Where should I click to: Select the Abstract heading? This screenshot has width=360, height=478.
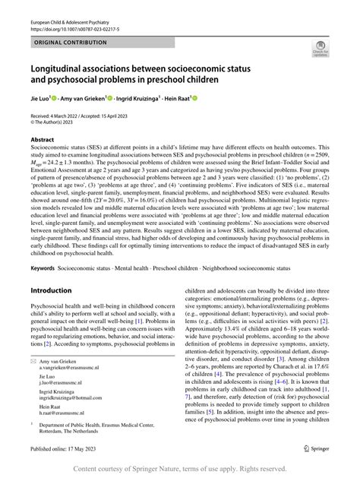coord(43,139)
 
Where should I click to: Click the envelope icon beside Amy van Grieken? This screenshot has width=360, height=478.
coord(33,356)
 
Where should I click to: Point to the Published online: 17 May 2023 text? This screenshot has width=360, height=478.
coord(66,448)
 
